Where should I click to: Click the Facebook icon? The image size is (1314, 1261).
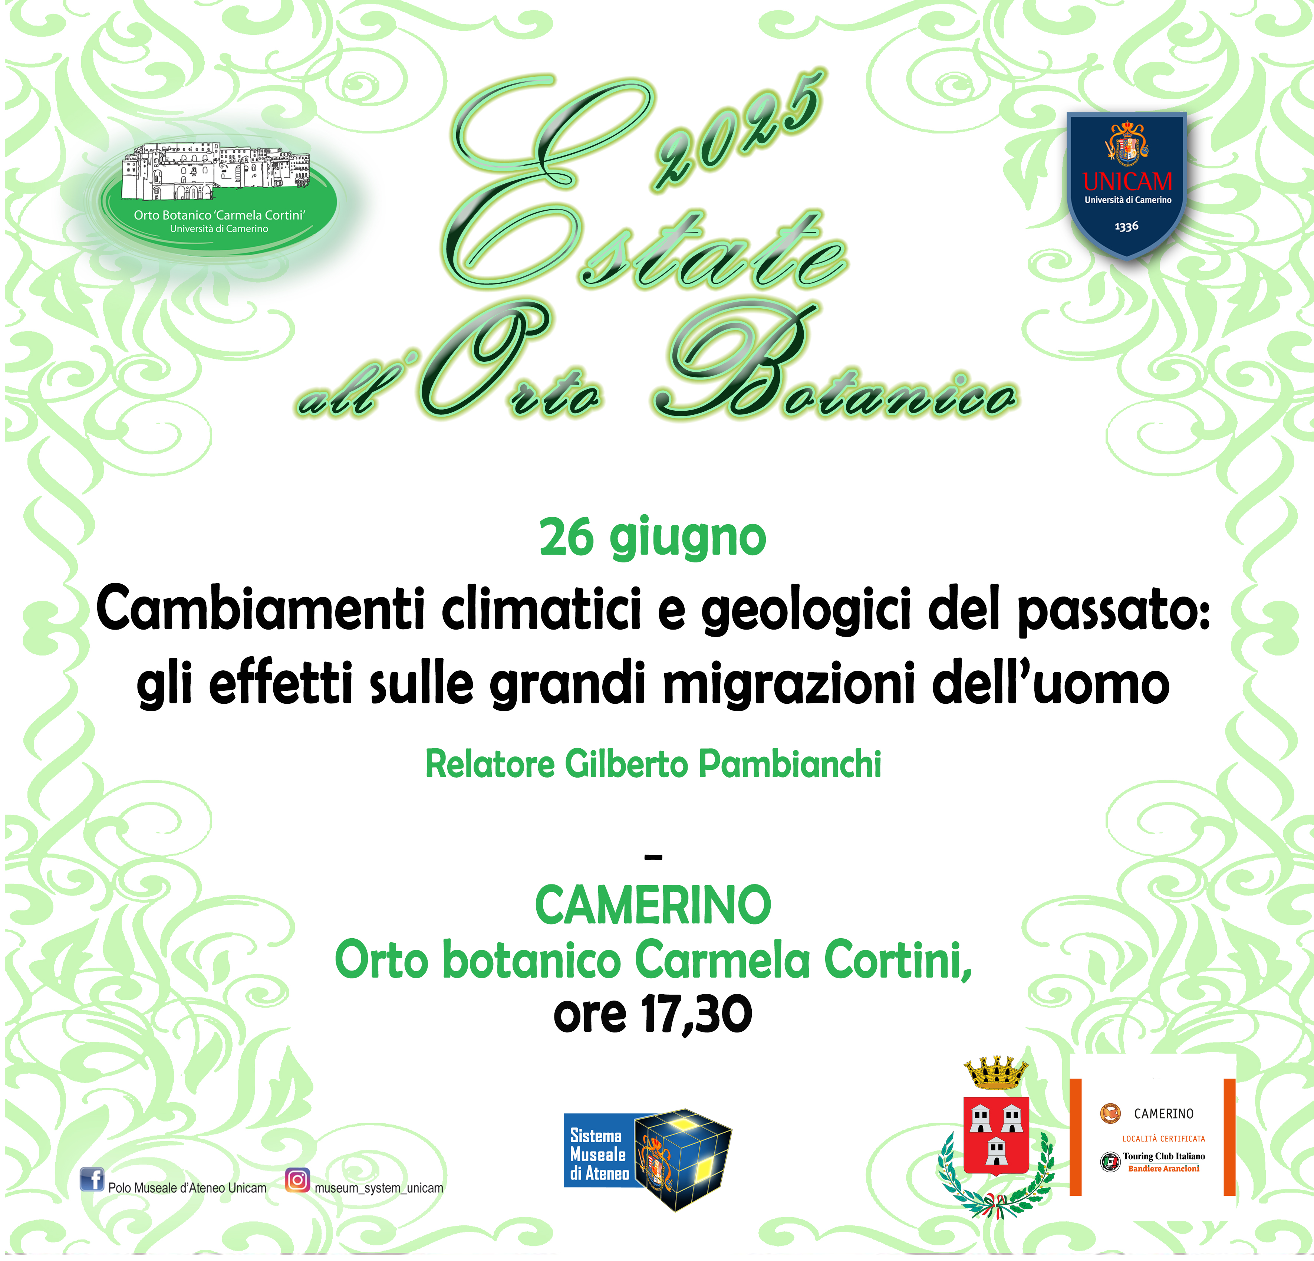(x=92, y=1179)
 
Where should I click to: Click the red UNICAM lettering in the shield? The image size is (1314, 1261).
(x=1127, y=181)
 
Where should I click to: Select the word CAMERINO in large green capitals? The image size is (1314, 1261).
(x=653, y=906)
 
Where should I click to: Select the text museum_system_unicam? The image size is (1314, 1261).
(x=379, y=1188)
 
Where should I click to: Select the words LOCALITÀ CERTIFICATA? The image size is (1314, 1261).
(x=1164, y=1138)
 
